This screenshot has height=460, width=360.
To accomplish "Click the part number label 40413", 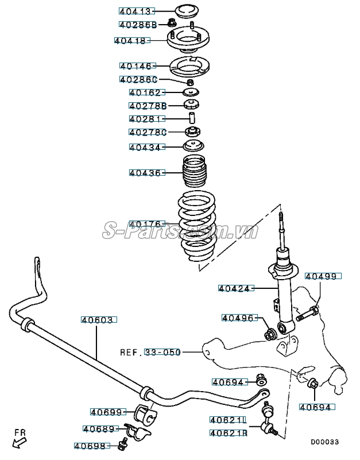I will click(x=134, y=11).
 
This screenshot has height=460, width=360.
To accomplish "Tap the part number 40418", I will click(x=131, y=41).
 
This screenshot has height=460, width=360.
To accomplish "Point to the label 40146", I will click(x=136, y=66).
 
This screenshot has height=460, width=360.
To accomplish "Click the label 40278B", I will click(x=147, y=106).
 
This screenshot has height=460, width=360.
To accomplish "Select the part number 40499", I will click(x=322, y=276).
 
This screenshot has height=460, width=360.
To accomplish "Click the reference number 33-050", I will click(x=161, y=351).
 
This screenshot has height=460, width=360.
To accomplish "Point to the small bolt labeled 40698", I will click(x=122, y=444).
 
